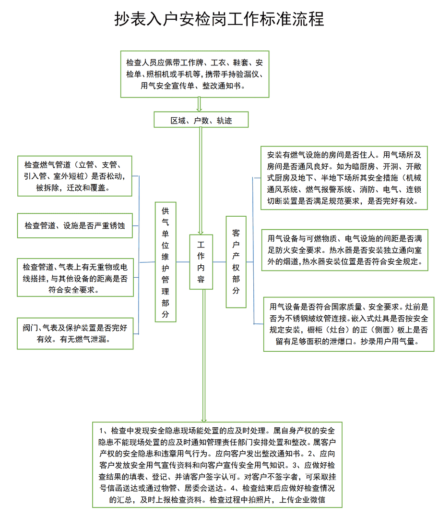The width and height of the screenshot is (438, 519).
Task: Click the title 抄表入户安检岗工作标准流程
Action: (x=219, y=19)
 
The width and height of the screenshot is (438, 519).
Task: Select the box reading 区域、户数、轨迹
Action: (x=201, y=120)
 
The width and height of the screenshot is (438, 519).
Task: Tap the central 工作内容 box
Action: (x=201, y=262)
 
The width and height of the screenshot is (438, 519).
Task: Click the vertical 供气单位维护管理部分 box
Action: (x=166, y=262)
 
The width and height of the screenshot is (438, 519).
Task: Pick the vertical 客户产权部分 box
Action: (x=236, y=262)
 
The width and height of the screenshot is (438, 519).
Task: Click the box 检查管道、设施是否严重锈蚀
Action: (x=75, y=226)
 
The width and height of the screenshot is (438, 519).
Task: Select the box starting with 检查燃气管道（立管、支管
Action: (x=75, y=176)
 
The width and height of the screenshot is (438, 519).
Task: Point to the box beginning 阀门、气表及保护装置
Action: (x=75, y=334)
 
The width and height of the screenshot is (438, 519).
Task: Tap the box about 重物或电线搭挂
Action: (x=75, y=277)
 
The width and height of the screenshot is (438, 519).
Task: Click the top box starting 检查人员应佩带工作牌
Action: (x=195, y=74)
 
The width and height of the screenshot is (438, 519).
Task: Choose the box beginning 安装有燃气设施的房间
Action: (x=344, y=178)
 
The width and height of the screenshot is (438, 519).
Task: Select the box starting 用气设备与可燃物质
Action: (x=344, y=250)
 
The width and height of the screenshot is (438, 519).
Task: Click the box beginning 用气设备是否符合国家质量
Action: (x=348, y=324)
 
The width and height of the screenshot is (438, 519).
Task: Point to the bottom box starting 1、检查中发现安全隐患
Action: (x=217, y=465)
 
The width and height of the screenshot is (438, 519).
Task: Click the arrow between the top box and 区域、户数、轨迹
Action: (x=199, y=105)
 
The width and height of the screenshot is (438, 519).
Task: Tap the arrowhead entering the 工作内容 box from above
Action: (x=201, y=233)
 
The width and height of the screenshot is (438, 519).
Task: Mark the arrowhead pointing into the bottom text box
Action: (x=204, y=420)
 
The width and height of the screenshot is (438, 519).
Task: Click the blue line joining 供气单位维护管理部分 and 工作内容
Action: (x=183, y=262)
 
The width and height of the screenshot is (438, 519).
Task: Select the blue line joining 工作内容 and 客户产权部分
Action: (x=219, y=262)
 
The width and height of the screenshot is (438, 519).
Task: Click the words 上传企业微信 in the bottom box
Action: (x=302, y=499)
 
